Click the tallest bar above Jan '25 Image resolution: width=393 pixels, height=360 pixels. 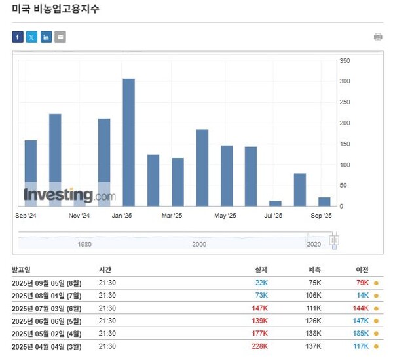(x=128, y=142)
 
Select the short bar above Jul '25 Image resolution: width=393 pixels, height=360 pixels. (x=275, y=203)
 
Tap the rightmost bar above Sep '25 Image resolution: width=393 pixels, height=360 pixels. (x=324, y=201)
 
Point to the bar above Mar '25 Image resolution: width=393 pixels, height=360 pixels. (x=178, y=181)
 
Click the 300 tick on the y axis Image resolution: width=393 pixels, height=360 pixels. (x=346, y=81)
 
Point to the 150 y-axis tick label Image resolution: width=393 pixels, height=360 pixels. (x=346, y=144)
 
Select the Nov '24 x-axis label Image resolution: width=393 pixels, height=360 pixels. (x=79, y=215)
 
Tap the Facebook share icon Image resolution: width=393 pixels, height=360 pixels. (x=18, y=37)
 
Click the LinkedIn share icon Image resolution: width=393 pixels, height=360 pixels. (x=46, y=37)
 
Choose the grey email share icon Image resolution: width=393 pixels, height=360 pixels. (x=60, y=37)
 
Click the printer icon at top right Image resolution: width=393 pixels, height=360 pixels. (x=378, y=37)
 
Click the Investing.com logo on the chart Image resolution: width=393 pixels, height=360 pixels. (x=69, y=195)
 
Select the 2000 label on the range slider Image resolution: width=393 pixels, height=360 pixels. (x=199, y=244)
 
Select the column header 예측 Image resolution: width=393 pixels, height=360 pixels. (x=314, y=270)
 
